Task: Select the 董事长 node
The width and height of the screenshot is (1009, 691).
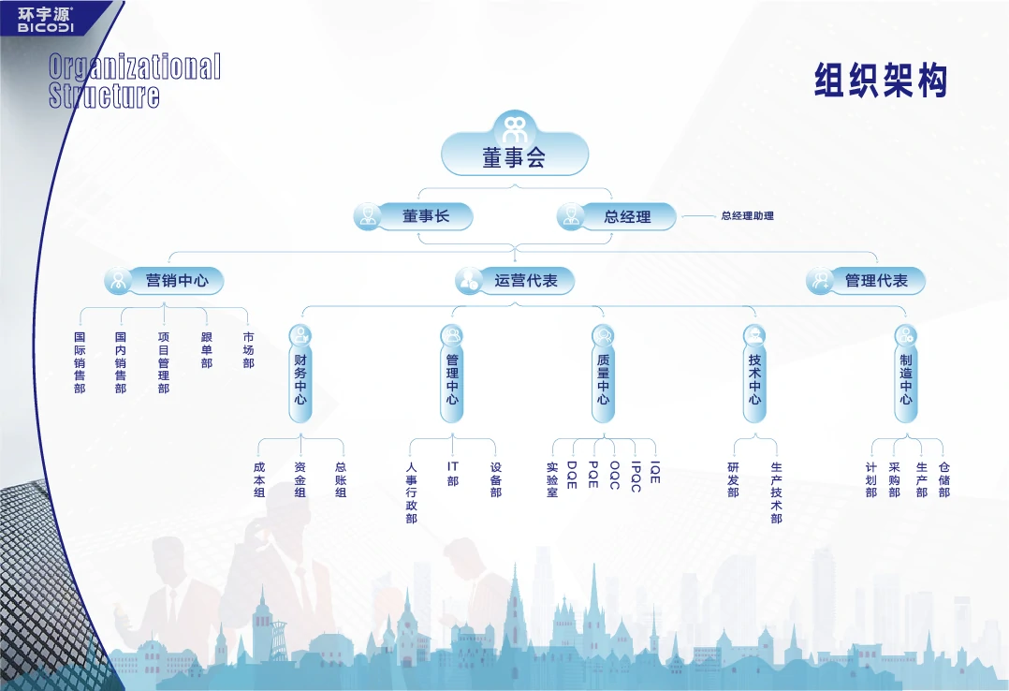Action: (413, 216)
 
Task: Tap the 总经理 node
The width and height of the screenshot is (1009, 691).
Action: (616, 216)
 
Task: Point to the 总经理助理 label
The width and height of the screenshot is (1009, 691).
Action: (747, 215)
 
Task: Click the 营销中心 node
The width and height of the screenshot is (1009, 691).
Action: (164, 281)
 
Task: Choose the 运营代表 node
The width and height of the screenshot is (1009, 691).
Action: (514, 281)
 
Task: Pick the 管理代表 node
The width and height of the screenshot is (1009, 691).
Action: (865, 281)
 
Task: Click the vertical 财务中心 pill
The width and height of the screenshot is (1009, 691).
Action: (300, 374)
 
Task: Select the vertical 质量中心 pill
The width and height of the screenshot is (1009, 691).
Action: (603, 374)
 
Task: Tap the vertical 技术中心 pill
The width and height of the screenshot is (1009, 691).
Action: (754, 374)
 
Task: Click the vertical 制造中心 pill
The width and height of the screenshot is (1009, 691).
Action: (905, 374)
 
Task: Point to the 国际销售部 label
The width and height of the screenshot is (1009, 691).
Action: (80, 362)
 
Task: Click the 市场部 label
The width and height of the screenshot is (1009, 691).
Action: (248, 349)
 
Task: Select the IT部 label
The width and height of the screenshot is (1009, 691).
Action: (452, 474)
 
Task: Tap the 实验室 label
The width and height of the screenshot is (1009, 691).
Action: (552, 479)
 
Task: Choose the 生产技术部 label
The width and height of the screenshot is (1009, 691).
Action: (777, 493)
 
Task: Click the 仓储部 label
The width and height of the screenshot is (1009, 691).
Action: (944, 479)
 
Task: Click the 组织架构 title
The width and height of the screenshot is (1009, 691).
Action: (881, 81)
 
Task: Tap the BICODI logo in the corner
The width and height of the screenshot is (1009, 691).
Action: (45, 20)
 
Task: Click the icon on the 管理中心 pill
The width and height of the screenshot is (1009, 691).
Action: (452, 335)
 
